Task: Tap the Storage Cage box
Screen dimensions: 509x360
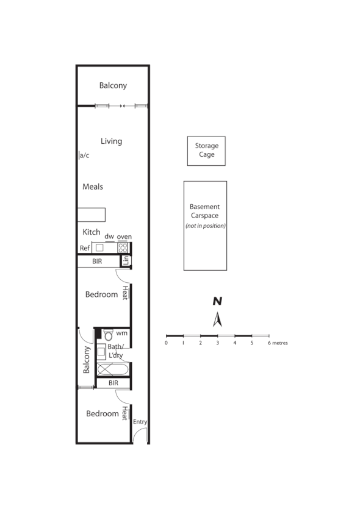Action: tap(206, 151)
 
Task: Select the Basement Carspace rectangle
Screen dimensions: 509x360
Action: tap(205, 225)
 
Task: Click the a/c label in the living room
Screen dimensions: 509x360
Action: tap(84, 155)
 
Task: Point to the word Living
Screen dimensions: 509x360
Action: tap(111, 141)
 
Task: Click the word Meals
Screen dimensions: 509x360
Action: tap(93, 187)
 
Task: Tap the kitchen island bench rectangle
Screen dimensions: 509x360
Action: tap(92, 215)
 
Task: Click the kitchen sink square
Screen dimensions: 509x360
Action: tap(99, 247)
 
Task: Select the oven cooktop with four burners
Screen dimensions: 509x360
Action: tap(123, 247)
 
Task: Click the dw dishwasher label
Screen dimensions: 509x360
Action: tap(109, 237)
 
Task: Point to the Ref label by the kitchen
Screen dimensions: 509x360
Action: tap(84, 248)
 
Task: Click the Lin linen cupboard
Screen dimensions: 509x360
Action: tap(126, 261)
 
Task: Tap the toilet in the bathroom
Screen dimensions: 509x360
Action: tap(108, 335)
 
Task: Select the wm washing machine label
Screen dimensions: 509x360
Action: tap(122, 333)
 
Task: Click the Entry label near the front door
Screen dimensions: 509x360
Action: tap(140, 422)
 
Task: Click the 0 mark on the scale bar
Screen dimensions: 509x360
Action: tap(166, 343)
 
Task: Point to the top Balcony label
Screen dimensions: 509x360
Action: tap(113, 86)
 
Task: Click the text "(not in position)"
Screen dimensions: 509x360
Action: tap(205, 226)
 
